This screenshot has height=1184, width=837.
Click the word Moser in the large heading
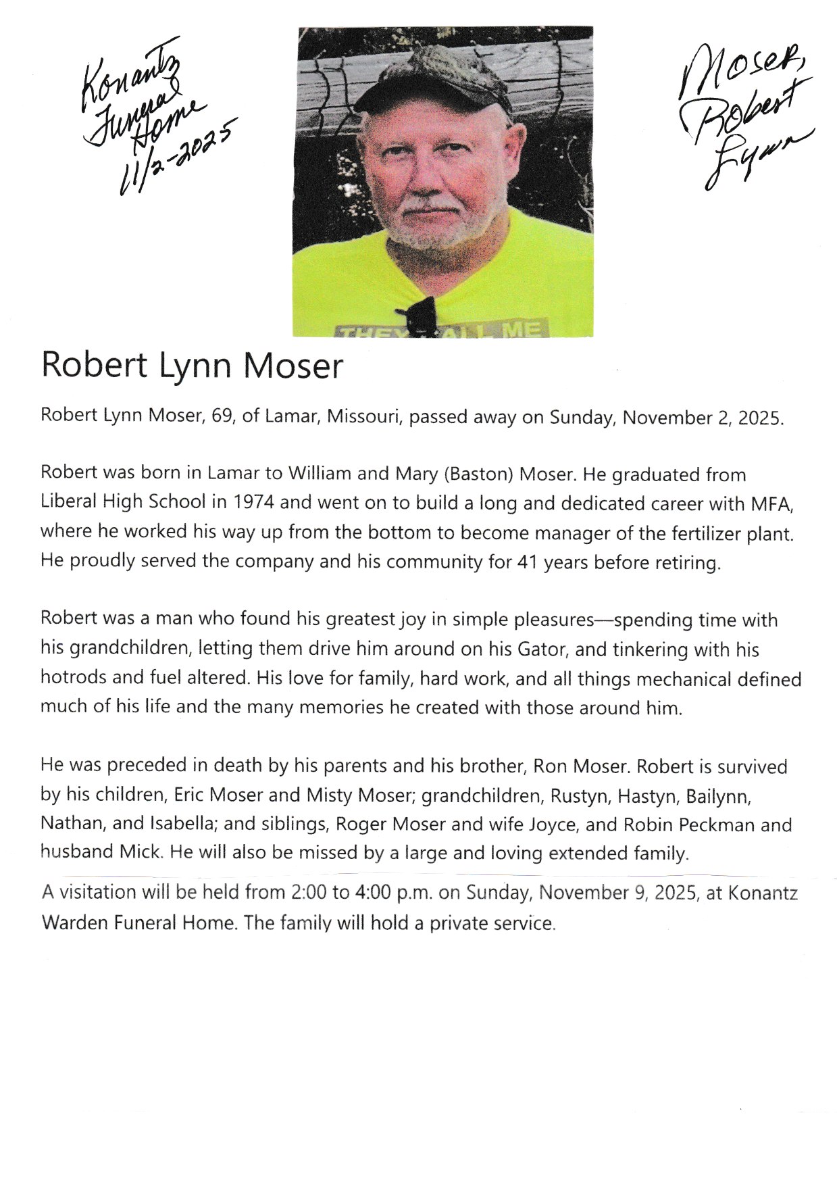pyautogui.click(x=293, y=366)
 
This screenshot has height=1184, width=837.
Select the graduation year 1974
pyautogui.click(x=253, y=502)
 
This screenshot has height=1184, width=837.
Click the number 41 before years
pyautogui.click(x=528, y=562)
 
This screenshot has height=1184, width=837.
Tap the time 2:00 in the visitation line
pyautogui.click(x=308, y=893)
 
